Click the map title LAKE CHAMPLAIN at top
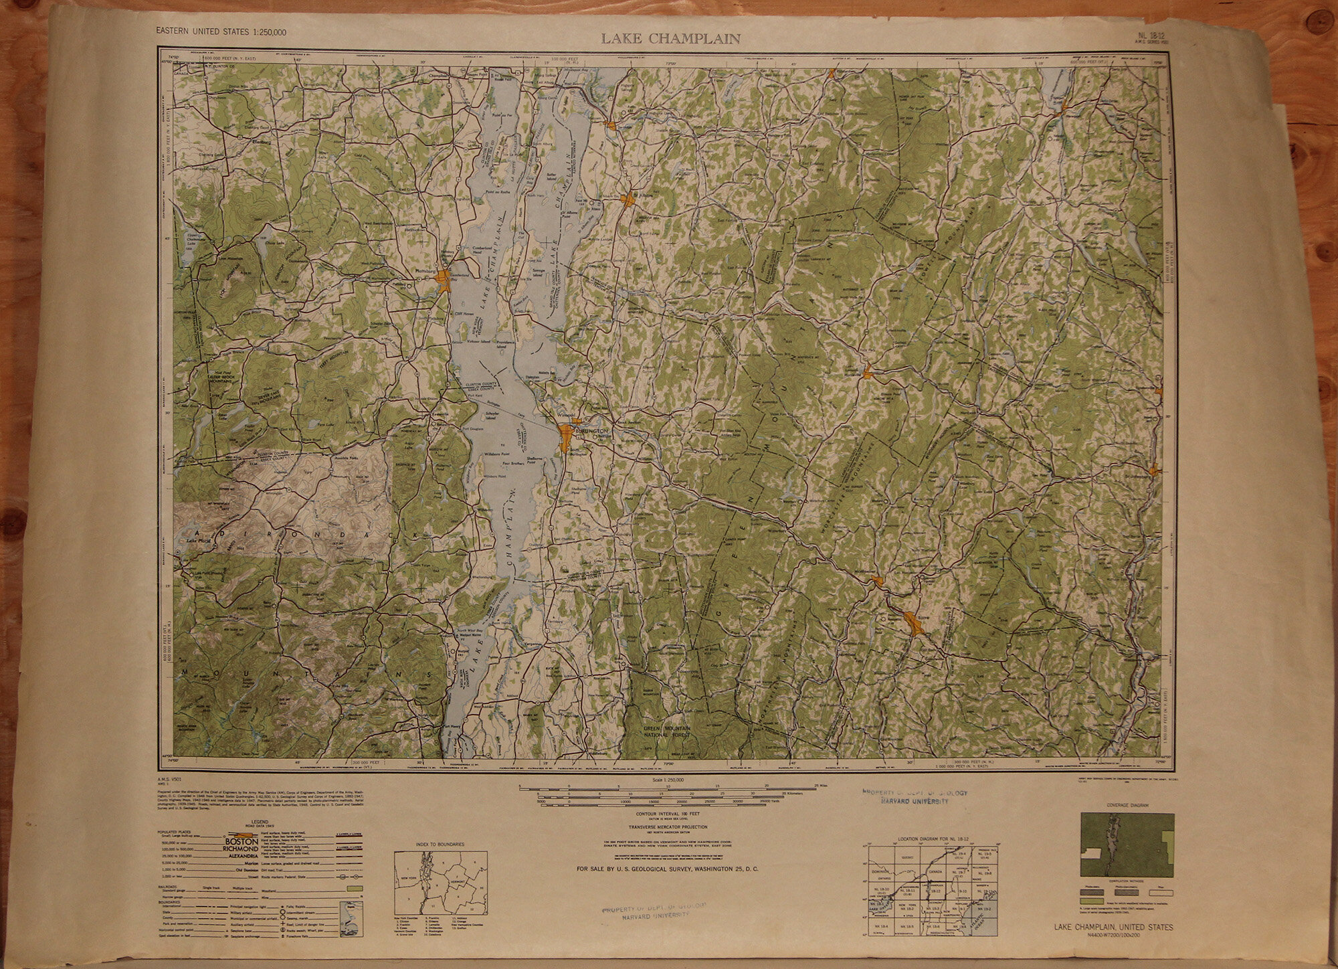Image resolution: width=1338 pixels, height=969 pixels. pyautogui.click(x=670, y=39)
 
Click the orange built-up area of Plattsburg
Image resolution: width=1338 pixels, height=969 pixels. pyautogui.click(x=444, y=278)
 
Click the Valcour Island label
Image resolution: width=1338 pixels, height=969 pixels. pyautogui.click(x=478, y=343)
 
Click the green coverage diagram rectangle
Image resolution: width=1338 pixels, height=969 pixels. pyautogui.click(x=1127, y=845)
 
